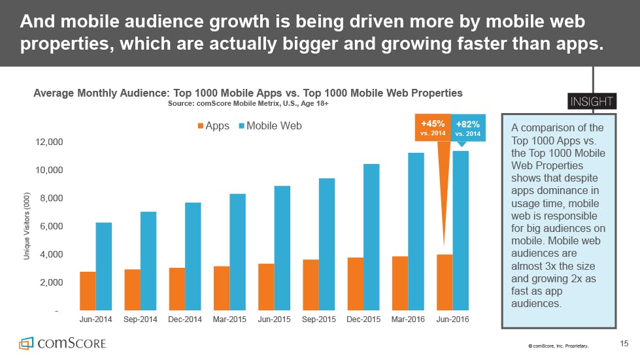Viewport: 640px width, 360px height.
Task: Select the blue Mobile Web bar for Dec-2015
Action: coord(371,237)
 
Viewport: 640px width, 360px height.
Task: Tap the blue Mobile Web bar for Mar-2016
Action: coord(416,231)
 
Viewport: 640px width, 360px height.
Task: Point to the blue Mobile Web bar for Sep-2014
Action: coord(148,260)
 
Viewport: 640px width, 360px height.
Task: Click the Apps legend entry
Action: coord(213,125)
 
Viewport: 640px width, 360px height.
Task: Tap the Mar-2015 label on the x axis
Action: coord(229,320)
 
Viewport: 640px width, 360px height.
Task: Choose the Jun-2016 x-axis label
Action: coord(452,320)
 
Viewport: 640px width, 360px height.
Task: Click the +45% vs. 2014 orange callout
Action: coord(433,127)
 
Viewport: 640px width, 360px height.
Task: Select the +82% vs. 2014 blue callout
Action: coord(467,127)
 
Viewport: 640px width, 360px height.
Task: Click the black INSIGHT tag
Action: coord(591,101)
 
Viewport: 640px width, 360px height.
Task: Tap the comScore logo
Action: coord(62,343)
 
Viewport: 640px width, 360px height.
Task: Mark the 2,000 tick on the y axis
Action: coord(50,282)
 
